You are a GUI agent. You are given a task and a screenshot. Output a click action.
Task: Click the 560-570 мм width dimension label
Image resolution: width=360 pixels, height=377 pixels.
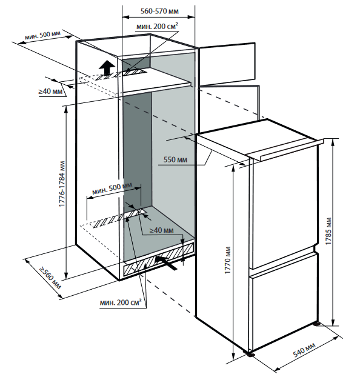(159, 11)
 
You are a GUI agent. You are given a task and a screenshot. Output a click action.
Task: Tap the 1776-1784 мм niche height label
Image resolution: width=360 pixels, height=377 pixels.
(62, 184)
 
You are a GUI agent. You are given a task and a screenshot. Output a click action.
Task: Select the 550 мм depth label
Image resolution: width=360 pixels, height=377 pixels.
(175, 159)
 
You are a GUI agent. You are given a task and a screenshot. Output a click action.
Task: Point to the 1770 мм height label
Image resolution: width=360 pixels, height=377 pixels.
(227, 260)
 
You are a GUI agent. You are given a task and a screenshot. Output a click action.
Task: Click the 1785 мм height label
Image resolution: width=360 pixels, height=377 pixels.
(328, 232)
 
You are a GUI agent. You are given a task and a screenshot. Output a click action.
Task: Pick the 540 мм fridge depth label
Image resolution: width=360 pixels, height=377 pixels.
(304, 350)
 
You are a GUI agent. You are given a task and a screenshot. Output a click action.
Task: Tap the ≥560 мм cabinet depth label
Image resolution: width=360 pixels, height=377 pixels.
(50, 278)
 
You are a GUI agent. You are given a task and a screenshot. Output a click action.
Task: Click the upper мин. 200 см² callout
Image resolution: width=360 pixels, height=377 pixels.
(158, 26)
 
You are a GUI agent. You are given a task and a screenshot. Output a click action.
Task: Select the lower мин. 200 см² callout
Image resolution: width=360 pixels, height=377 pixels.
(121, 302)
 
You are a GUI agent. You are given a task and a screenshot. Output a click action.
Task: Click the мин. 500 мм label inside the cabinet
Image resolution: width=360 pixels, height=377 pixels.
(112, 189)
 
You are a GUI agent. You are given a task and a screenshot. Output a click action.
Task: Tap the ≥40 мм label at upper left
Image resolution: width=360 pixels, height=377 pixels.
(50, 91)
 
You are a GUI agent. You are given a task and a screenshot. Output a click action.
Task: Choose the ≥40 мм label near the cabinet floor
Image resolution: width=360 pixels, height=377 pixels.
(161, 230)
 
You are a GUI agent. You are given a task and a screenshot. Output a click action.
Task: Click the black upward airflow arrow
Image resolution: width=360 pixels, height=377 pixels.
(107, 67)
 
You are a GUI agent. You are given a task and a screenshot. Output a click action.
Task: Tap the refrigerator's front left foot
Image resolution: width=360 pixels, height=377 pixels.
(250, 354)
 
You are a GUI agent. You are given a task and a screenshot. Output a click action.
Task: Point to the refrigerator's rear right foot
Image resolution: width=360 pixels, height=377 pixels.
(316, 324)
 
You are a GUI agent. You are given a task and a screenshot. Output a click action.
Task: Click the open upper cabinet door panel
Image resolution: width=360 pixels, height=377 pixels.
(227, 64)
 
